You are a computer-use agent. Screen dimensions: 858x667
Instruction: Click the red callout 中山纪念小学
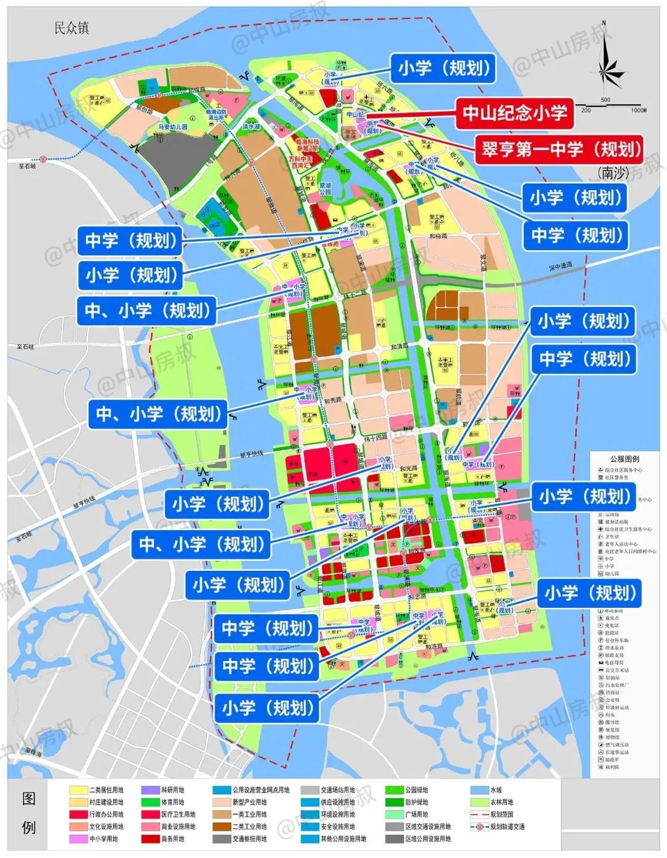(x=514, y=112)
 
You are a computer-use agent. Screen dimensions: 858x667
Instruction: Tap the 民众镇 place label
(x=72, y=28)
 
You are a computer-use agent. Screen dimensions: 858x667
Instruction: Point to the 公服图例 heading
(x=625, y=459)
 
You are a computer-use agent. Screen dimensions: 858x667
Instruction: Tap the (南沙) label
(x=613, y=173)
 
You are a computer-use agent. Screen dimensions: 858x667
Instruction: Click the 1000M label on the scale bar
(x=638, y=110)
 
